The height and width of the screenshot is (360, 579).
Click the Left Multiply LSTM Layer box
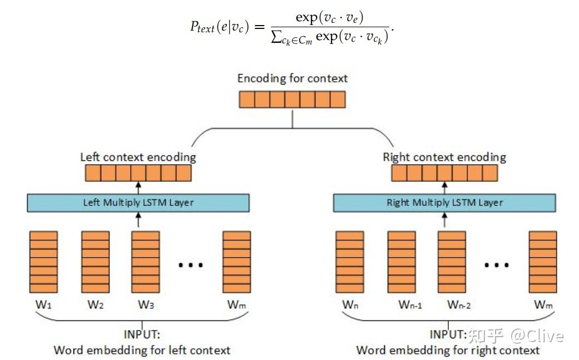pos(138,203)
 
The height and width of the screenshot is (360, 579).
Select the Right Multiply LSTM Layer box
pos(444,203)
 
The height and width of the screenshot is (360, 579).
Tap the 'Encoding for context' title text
pos(292,78)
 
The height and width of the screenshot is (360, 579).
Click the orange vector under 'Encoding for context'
pos(292,100)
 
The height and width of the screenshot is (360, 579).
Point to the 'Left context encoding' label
pos(138,157)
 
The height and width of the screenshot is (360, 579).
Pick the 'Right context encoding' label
pos(444,157)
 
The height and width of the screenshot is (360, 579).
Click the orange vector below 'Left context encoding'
pos(138,174)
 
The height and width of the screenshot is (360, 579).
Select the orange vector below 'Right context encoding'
pos(444,174)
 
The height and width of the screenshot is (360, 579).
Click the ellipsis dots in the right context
pos(497,265)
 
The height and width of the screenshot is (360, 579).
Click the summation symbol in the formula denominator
pos(276,37)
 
